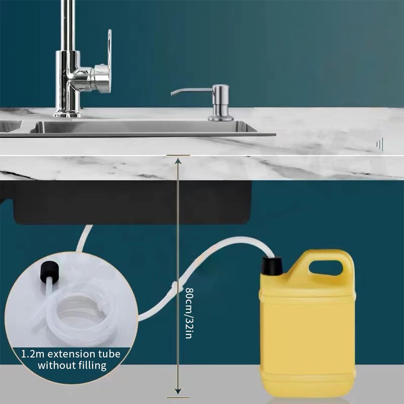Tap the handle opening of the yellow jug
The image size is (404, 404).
[326, 268]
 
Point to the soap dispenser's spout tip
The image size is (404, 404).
[172, 94]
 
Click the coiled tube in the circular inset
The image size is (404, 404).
[75, 312]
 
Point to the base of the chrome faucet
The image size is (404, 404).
[67, 114]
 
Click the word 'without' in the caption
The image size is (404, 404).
[54, 365]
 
